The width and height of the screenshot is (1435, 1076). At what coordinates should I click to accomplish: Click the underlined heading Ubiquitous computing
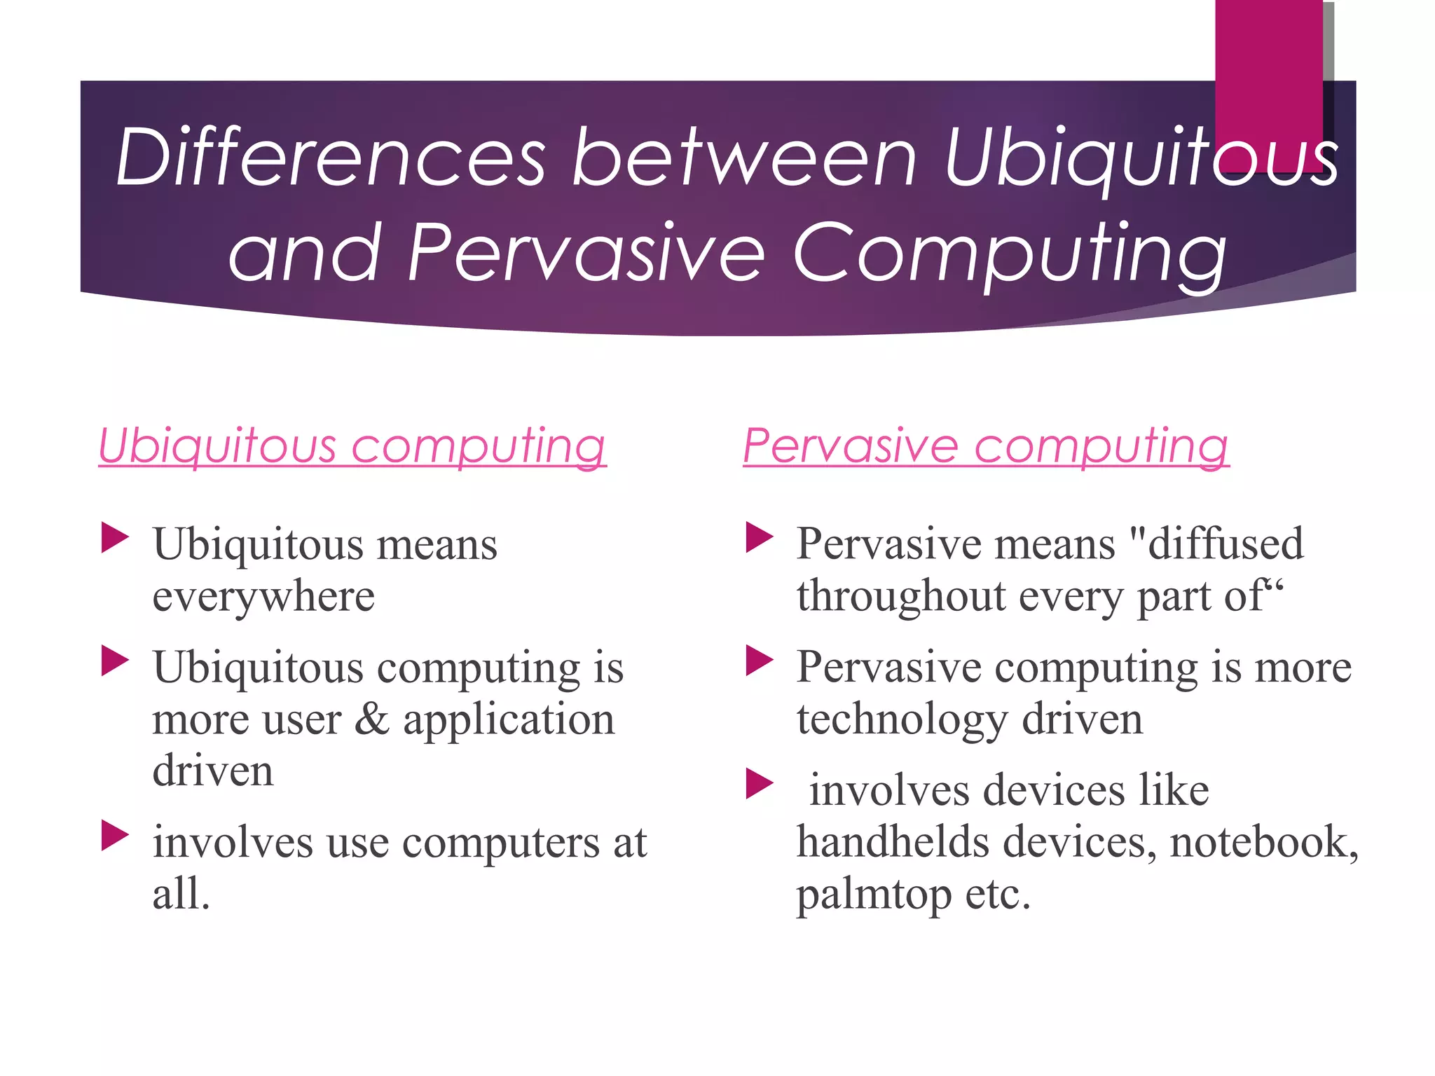point(352,446)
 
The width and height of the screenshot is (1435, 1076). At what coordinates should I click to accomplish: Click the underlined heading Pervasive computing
point(986,446)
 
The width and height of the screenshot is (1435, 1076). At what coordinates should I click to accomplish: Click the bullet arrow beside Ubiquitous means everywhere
point(115,537)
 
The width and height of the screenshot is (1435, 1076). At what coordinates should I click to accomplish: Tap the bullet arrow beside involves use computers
point(115,835)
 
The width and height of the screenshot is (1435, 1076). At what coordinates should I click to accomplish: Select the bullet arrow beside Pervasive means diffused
point(759,537)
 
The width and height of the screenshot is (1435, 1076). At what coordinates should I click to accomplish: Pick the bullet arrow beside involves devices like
point(759,784)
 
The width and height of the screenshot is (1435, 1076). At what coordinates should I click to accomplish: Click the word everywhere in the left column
point(263,597)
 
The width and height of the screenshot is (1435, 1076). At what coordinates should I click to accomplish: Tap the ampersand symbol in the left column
point(371,719)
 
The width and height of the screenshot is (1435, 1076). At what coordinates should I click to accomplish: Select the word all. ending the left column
point(181,894)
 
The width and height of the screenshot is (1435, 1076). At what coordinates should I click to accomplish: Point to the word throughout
point(901,597)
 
